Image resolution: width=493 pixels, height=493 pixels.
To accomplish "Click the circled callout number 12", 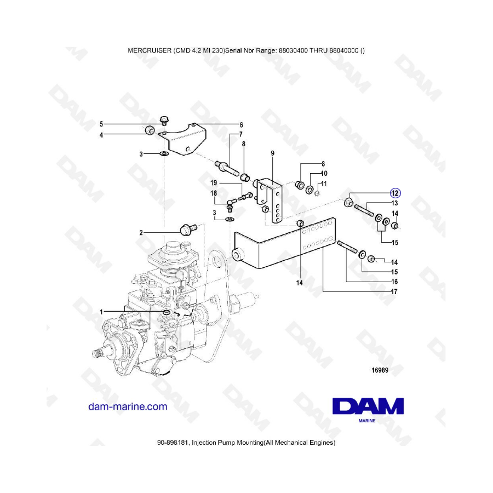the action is pos(395,193).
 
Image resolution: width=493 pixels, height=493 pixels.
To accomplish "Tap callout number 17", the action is pos(394,292).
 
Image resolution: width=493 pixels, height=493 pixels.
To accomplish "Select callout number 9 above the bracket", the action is pos(272,153).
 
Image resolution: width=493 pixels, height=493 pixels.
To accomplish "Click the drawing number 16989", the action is pos(380,370).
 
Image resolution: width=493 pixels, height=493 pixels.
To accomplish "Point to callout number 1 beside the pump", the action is pos(101,312).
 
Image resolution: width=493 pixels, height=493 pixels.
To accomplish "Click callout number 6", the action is pos(241,125).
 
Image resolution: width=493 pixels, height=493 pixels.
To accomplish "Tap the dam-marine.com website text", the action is pos(128,406).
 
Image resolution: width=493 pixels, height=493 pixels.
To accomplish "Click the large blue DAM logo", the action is pos(368,406).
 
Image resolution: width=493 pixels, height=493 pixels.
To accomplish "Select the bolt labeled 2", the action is pos(187,228).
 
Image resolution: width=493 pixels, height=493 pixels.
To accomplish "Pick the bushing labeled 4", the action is pos(149,130).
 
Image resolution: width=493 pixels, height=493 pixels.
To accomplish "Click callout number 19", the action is pos(214,183).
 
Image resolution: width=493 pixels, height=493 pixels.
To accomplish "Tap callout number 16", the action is pos(394,282).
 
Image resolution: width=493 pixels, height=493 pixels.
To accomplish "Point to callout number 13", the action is pos(394,203).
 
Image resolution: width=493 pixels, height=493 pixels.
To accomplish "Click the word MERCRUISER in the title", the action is pos(150,50).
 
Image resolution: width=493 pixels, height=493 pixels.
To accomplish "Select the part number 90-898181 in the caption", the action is pos(173,443).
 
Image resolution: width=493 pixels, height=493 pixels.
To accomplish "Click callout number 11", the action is pos(324,184).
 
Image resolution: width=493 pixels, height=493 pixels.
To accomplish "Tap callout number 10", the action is pos(324,173).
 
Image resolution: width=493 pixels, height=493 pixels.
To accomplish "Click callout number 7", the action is pos(241,135).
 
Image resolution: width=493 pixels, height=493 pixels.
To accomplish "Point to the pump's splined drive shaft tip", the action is pos(96,353).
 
